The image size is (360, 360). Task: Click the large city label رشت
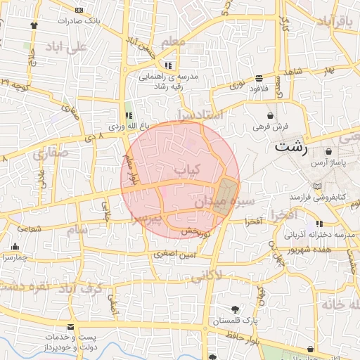[291, 148]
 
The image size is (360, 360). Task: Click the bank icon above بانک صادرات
[78, 11]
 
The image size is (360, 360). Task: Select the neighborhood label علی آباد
[65, 47]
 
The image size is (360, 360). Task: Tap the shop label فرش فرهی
[271, 127]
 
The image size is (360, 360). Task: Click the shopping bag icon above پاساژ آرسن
[328, 152]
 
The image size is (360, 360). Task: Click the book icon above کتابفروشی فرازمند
[319, 185]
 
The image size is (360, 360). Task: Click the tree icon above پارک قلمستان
[234, 309]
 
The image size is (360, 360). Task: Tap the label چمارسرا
[14, 257]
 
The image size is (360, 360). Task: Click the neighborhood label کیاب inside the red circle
[187, 169]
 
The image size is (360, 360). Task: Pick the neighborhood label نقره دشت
[25, 286]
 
